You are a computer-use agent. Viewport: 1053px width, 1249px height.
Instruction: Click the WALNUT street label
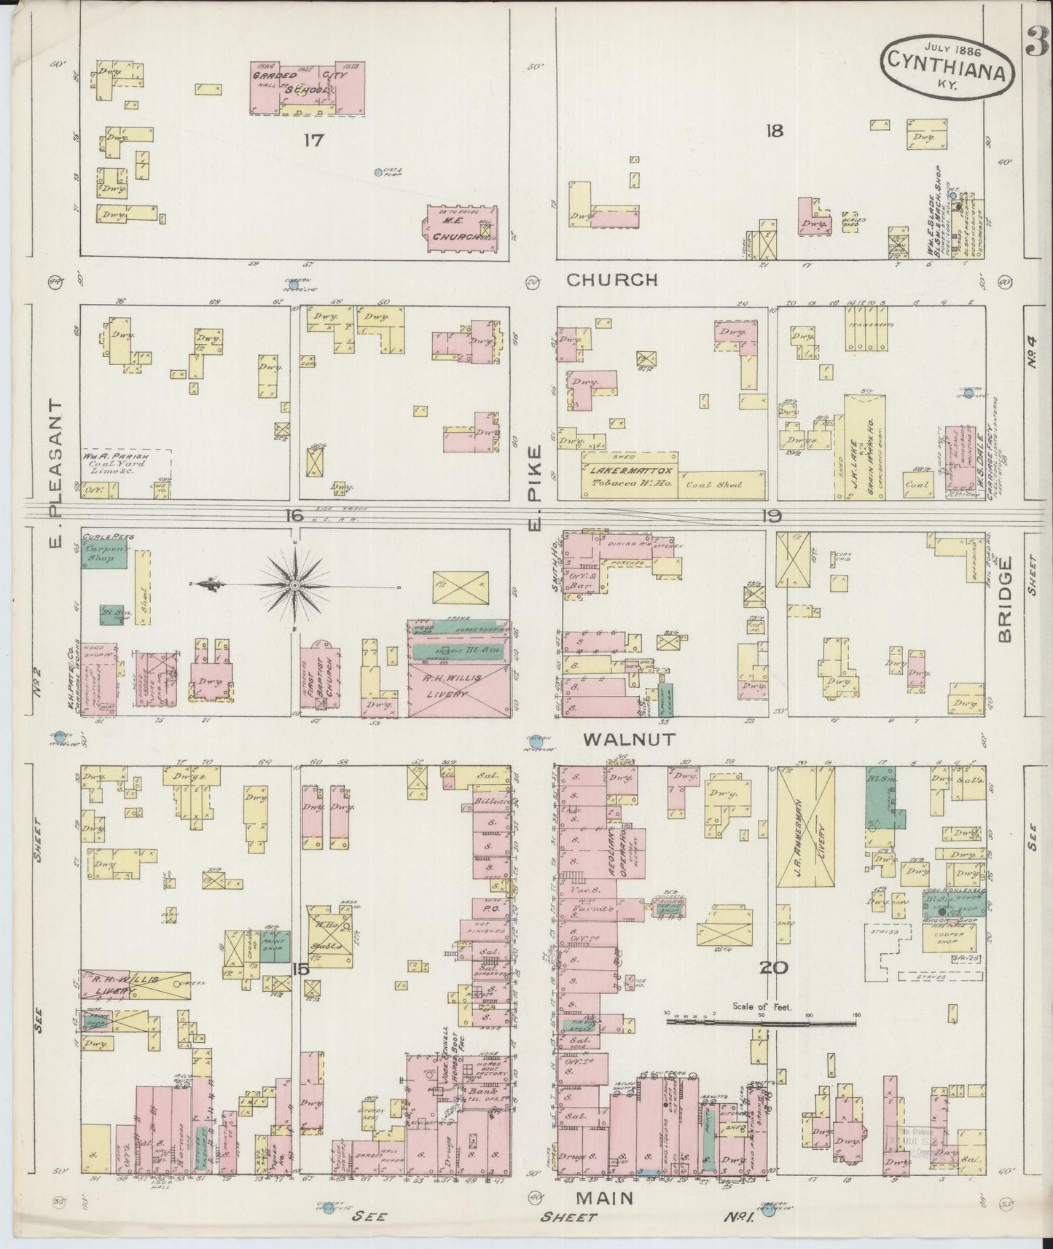(x=630, y=739)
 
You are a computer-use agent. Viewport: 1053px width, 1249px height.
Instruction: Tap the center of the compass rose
(x=294, y=585)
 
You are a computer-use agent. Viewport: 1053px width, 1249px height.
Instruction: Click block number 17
(x=313, y=140)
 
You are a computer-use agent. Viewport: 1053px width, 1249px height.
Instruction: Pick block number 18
(x=774, y=131)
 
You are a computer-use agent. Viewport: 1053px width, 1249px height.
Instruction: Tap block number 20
(x=774, y=968)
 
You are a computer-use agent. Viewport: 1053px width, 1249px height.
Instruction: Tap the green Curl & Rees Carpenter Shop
(x=104, y=555)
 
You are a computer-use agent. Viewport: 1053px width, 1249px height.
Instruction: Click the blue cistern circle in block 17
(x=377, y=173)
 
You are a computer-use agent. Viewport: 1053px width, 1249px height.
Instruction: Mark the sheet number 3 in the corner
(x=1038, y=42)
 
